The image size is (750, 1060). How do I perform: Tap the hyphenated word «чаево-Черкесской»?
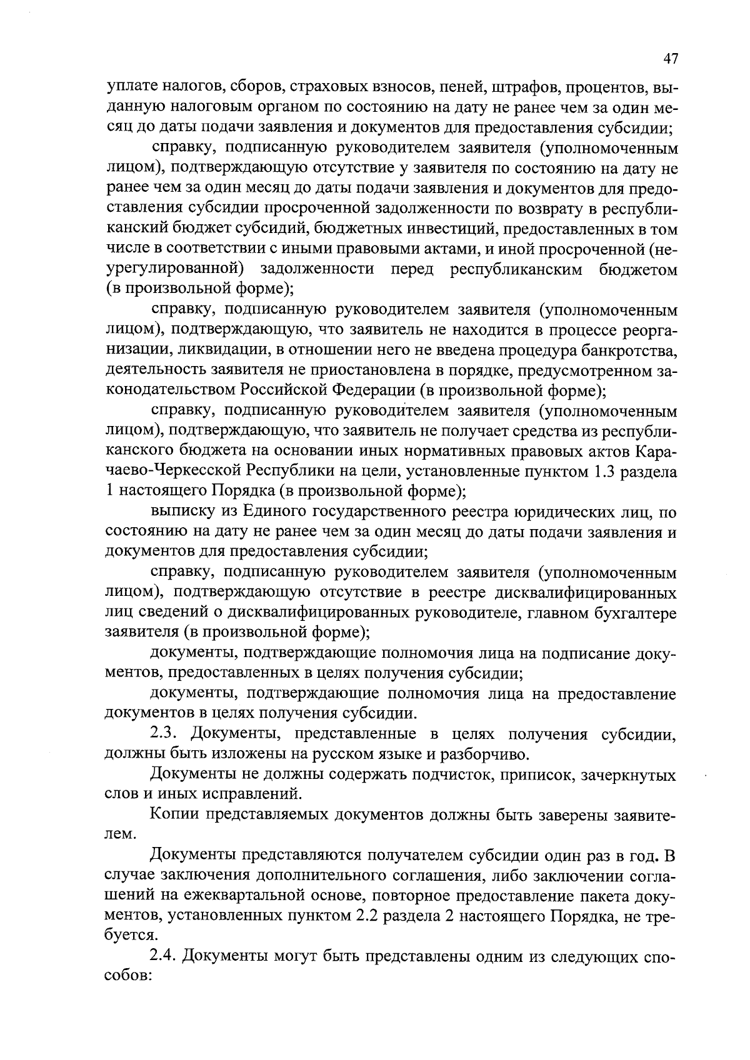point(174,471)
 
